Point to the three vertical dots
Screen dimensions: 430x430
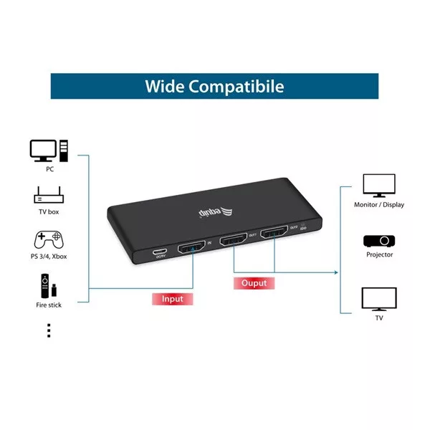tap(49, 330)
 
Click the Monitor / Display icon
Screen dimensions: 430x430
tap(379, 186)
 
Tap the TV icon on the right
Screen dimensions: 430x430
tap(379, 297)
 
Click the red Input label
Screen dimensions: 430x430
tap(173, 297)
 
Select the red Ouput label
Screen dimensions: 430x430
tap(254, 283)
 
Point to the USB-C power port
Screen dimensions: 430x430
tap(159, 252)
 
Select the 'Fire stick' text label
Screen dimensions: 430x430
tap(49, 305)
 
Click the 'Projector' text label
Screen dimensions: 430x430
tap(379, 254)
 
